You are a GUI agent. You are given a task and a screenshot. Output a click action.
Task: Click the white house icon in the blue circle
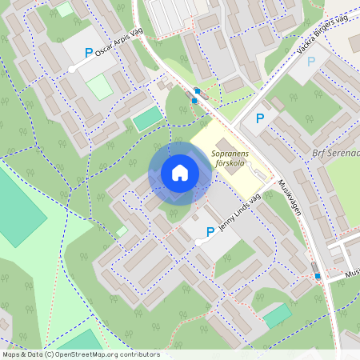pyautogui.click(x=180, y=173)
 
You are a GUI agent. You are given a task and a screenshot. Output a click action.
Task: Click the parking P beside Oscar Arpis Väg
pyautogui.click(x=88, y=53)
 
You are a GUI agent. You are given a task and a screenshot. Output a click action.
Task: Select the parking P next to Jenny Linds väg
pyautogui.click(x=210, y=232)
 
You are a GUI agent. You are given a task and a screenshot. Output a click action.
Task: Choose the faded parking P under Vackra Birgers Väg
pyautogui.click(x=311, y=61)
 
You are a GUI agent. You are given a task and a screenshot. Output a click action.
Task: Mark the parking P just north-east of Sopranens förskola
pyautogui.click(x=259, y=118)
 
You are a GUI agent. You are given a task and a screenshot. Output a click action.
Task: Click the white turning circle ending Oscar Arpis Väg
pyautogui.click(x=72, y=70)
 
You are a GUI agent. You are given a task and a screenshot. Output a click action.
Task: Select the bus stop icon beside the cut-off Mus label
pyautogui.click(x=318, y=276)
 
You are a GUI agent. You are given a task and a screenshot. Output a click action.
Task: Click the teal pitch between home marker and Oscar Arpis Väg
pyautogui.click(x=146, y=120)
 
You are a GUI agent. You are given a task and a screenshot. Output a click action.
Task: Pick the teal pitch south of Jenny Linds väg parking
pyautogui.click(x=277, y=314)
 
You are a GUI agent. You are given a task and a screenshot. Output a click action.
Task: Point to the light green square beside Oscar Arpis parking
pyautogui.click(x=99, y=86)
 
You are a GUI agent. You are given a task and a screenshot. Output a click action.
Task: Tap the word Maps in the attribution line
pyautogui.click(x=12, y=354)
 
